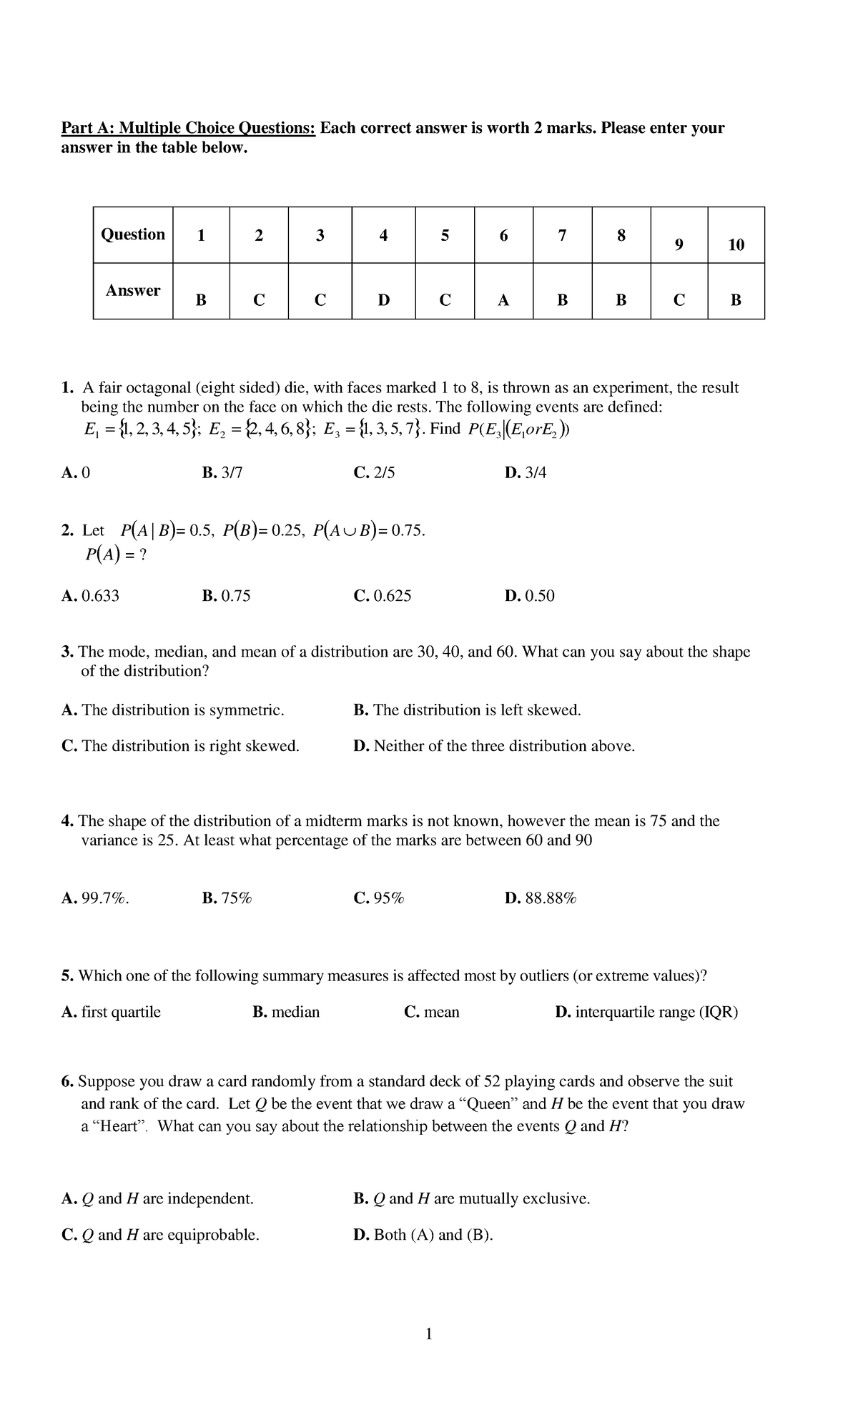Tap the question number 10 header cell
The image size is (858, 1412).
coord(736,236)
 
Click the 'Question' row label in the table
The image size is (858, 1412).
coord(133,234)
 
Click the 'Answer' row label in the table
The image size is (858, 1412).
coord(133,291)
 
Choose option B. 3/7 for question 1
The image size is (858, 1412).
coord(222,472)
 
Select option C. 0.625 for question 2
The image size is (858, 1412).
coord(383,596)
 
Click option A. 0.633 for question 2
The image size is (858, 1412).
coord(91,596)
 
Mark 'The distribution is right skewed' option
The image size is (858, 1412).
coord(181,746)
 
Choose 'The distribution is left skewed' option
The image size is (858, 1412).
coord(467,710)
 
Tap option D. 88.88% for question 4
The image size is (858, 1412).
coord(540,898)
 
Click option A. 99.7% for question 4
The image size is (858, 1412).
coord(96,898)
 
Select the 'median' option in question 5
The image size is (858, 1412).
coord(286,1012)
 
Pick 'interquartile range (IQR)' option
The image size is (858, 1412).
coord(646,1012)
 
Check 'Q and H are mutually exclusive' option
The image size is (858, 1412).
coord(472,1198)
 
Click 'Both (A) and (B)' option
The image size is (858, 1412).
coord(423,1235)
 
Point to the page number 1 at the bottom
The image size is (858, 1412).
coord(428,1333)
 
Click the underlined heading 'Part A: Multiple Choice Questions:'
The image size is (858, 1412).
coord(188,128)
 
